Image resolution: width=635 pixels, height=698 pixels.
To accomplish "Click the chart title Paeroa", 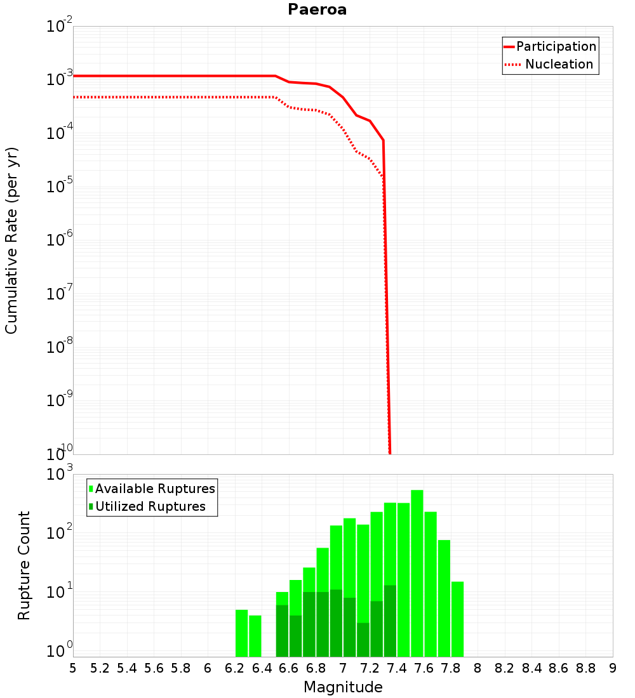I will pyautogui.click(x=317, y=10).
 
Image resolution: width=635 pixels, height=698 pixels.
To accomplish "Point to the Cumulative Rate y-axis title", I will pyautogui.click(x=11, y=240).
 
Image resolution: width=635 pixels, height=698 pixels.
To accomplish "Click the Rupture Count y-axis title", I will pyautogui.click(x=24, y=565).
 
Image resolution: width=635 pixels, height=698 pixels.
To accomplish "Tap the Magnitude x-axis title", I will pyautogui.click(x=343, y=687).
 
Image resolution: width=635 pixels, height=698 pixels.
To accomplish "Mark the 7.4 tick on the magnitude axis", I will pyautogui.click(x=397, y=668).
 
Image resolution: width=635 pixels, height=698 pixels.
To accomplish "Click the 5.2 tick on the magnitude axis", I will pyautogui.click(x=100, y=668).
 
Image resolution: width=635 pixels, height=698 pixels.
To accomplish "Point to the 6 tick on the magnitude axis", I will pyautogui.click(x=208, y=668).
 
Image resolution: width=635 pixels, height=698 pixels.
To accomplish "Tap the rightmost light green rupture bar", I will pyautogui.click(x=457, y=619).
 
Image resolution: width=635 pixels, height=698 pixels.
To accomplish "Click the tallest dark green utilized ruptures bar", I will pyautogui.click(x=390, y=621).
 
